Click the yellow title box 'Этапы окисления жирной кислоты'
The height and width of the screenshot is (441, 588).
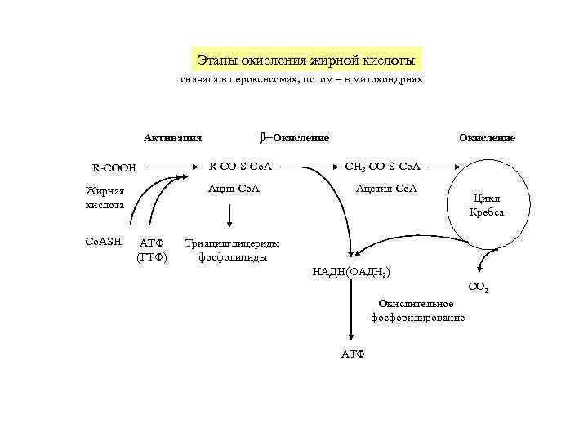[x=306, y=60]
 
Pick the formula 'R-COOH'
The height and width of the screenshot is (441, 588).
[x=114, y=169]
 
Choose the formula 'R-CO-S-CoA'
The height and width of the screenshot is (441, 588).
[x=241, y=167]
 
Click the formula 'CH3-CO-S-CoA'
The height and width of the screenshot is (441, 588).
[x=383, y=167]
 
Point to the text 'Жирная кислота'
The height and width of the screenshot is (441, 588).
[x=105, y=198]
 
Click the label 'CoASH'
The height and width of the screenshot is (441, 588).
[x=104, y=241]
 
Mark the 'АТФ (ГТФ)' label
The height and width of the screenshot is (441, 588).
[x=152, y=250]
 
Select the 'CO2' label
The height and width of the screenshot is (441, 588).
[x=478, y=287]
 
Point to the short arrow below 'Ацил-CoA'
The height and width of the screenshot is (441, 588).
[x=229, y=214]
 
